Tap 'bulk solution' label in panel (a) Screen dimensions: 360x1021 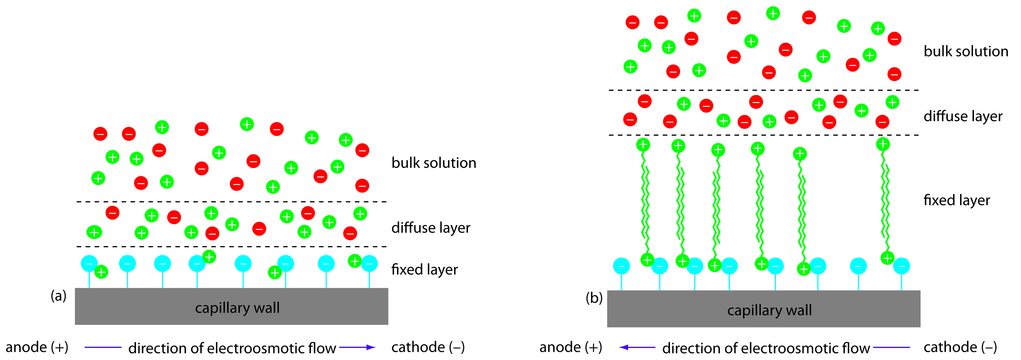pos(433,163)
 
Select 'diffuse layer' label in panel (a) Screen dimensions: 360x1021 pos(431,228)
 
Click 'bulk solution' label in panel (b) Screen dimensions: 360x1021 pos(966,51)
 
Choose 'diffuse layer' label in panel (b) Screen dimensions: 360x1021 pos(963,117)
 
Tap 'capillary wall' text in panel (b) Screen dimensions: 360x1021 pos(769,310)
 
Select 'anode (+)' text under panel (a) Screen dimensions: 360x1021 pos(37,347)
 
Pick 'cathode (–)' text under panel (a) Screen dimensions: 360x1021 pos(428,347)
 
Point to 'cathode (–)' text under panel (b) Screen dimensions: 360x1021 pos(960,347)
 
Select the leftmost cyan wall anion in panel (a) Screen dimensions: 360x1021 pos(89,264)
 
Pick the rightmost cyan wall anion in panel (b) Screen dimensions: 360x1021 pos(901,266)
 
